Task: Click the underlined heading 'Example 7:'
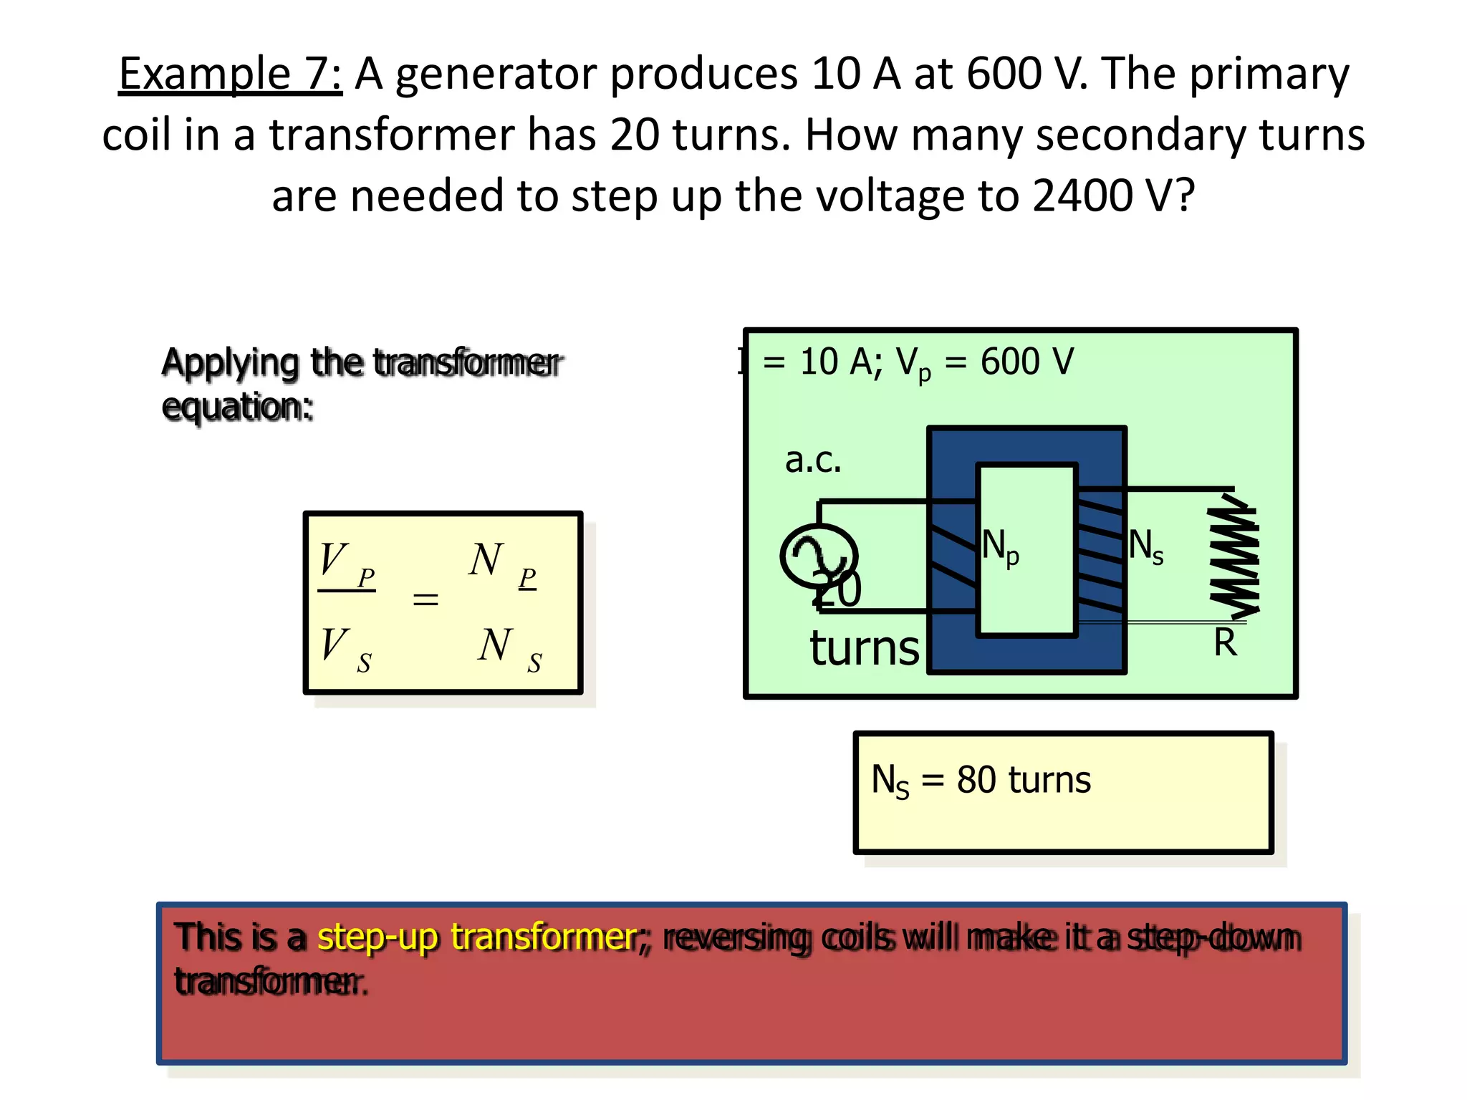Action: coord(230,74)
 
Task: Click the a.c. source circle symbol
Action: coord(819,556)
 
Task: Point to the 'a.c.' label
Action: coord(813,460)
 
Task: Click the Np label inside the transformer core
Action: coord(1000,547)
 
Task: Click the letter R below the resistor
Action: coord(1226,642)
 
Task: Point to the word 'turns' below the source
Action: coord(865,648)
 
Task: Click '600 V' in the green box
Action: coord(1027,362)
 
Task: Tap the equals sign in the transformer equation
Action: coord(425,599)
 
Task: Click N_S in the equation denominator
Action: coord(509,648)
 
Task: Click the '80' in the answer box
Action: coord(976,780)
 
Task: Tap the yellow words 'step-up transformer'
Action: coord(478,937)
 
